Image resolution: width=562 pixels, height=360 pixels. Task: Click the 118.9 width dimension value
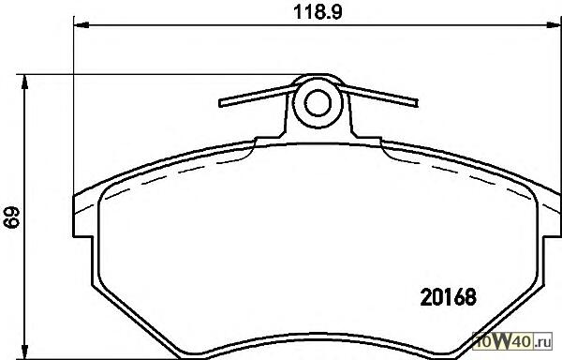(318, 12)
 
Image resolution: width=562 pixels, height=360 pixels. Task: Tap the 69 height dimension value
(11, 217)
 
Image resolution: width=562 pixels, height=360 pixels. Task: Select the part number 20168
(448, 297)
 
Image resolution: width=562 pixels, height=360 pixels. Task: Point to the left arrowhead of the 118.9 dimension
(81, 24)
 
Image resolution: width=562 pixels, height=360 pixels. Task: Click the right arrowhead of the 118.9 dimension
(554, 24)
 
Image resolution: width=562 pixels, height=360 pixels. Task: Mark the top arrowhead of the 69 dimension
(24, 82)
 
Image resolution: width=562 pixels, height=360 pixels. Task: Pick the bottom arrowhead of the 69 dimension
(24, 352)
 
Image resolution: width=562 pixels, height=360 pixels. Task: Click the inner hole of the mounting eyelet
(318, 102)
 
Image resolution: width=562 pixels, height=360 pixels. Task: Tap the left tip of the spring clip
(220, 103)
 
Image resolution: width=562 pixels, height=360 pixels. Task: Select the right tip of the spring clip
(416, 103)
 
